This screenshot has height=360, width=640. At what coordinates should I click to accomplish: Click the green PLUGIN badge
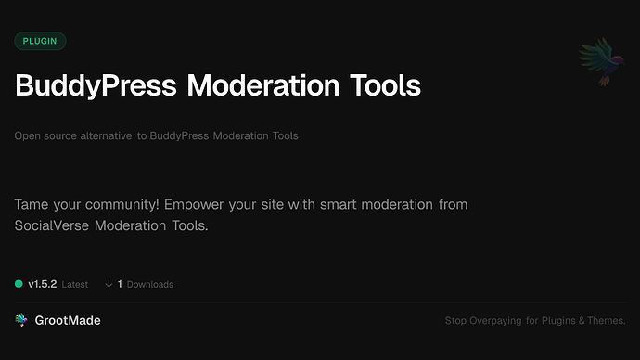[40, 41]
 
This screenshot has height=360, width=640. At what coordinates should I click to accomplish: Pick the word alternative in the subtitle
[104, 136]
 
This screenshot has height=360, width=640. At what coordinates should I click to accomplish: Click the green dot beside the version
[19, 284]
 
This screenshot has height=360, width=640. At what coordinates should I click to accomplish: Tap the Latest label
[75, 285]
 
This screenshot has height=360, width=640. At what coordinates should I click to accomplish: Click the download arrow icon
[109, 284]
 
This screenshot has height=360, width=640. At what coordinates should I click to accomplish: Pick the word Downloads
[150, 285]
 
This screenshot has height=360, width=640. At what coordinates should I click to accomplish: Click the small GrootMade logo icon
[21, 320]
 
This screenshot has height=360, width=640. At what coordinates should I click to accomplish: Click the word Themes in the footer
[605, 321]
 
